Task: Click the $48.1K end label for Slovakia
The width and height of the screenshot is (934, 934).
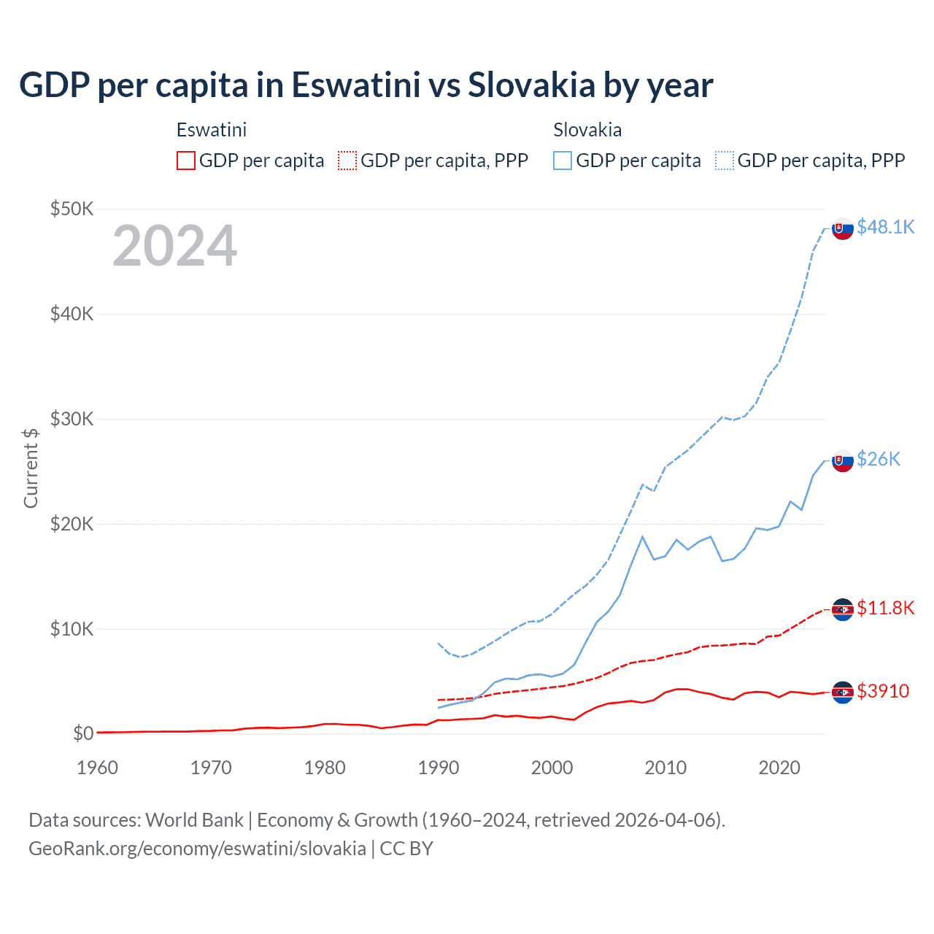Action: (x=885, y=227)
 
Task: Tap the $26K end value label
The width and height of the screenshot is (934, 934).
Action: (x=879, y=459)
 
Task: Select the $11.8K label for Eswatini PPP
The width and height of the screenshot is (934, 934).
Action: (x=885, y=608)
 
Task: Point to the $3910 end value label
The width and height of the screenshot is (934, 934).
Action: (x=883, y=691)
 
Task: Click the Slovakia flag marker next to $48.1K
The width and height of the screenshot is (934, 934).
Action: (x=843, y=228)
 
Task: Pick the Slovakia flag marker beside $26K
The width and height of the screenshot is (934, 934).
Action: (x=843, y=460)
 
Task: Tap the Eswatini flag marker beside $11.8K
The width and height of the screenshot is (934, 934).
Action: (x=843, y=609)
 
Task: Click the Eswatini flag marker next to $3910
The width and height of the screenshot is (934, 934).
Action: (x=843, y=692)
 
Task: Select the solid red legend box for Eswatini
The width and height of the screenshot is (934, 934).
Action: (x=186, y=161)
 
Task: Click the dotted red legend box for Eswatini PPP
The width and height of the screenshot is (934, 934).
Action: (x=347, y=161)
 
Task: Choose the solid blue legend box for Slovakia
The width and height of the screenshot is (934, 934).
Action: (x=563, y=161)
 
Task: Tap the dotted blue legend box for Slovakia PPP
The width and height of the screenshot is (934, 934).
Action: (x=725, y=161)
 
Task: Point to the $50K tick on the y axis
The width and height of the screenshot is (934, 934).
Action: (x=72, y=209)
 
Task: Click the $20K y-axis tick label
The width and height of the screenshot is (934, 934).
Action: (x=72, y=524)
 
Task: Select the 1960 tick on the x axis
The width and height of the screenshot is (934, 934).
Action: (x=97, y=768)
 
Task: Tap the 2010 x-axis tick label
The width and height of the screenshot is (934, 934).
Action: (x=665, y=768)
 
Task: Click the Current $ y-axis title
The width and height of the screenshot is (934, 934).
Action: (x=31, y=468)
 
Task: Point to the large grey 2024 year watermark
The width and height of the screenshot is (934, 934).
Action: (x=174, y=246)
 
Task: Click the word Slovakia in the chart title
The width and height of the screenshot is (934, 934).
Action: (x=531, y=85)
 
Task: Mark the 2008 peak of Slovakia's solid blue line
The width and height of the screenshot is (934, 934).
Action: (x=642, y=536)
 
